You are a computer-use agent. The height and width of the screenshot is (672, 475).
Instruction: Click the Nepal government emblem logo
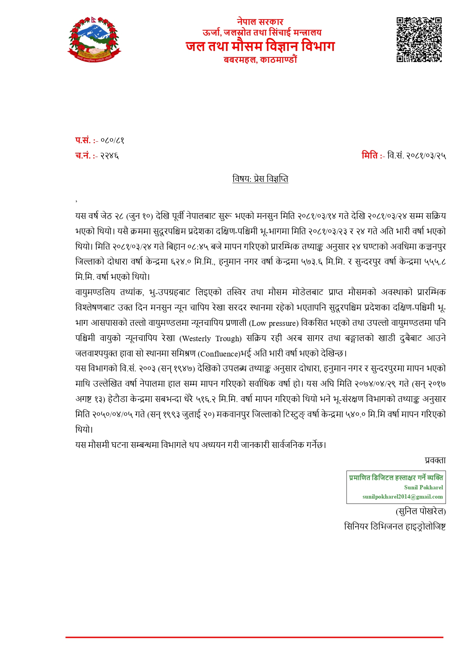click(x=94, y=39)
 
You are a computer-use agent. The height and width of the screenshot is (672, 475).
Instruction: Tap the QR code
click(x=419, y=39)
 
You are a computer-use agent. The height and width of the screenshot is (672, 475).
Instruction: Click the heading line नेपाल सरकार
click(x=260, y=22)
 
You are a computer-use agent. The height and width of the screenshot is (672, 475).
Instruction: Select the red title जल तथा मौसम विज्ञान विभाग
click(x=260, y=46)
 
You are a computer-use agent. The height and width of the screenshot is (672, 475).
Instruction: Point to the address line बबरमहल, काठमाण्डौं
click(x=260, y=60)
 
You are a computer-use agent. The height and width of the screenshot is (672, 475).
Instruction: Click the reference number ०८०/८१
click(x=112, y=141)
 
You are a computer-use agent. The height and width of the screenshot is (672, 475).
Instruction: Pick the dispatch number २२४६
click(x=109, y=156)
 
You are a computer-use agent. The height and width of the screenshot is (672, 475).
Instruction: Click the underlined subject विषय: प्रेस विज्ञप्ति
click(x=260, y=179)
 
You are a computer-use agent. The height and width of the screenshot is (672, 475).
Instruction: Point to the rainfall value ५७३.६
click(x=312, y=262)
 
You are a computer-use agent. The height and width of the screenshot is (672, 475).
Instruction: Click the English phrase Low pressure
click(x=274, y=323)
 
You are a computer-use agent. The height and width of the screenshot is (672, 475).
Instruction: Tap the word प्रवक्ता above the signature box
click(x=435, y=460)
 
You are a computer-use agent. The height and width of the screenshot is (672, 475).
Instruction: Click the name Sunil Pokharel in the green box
click(x=423, y=487)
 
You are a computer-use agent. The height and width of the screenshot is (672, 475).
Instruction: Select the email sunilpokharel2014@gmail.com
click(x=402, y=497)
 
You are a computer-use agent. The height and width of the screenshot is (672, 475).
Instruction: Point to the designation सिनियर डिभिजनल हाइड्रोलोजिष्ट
click(x=395, y=527)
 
